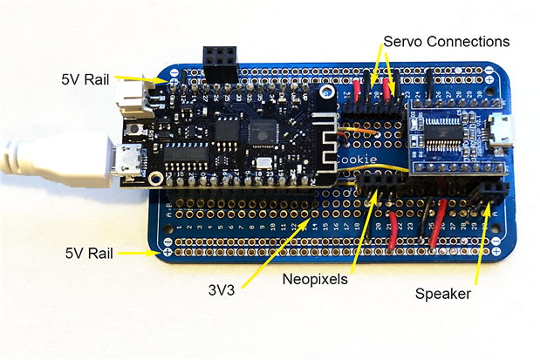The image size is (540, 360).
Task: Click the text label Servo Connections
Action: [446, 41]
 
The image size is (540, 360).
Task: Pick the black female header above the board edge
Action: [220, 61]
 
